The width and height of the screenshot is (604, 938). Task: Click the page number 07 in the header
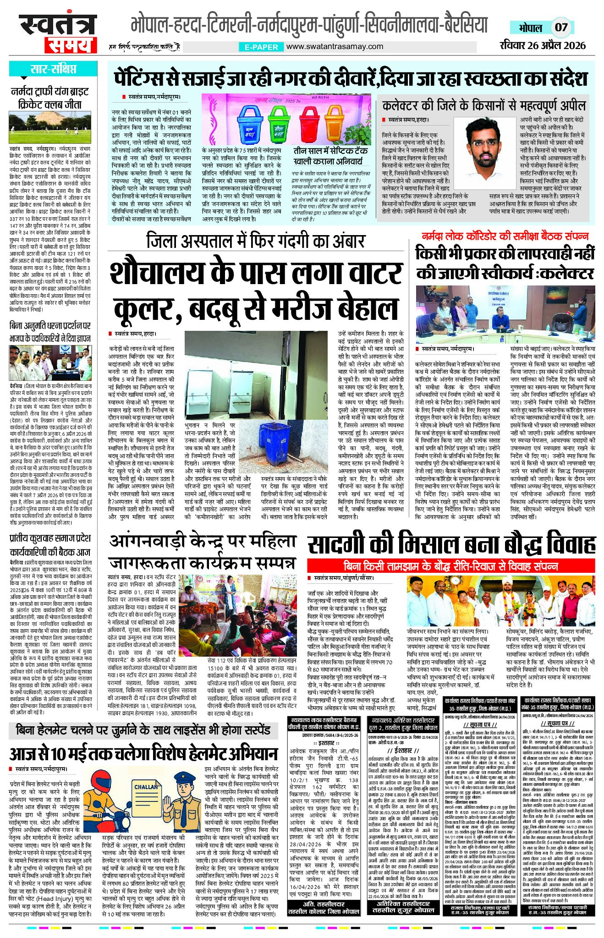pos(561,27)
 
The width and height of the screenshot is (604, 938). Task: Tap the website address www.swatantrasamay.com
pos(335,46)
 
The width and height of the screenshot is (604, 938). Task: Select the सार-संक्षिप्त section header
pos(53,70)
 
